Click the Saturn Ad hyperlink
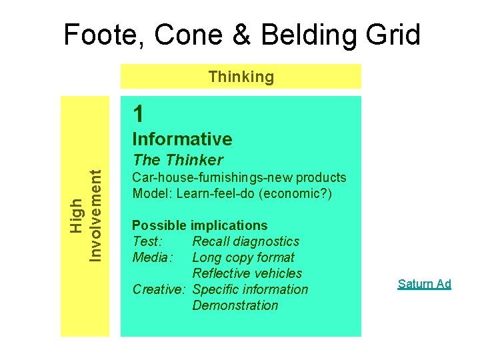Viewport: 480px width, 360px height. (x=424, y=284)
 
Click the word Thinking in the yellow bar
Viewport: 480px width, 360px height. (x=241, y=77)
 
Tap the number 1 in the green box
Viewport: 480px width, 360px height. (x=138, y=115)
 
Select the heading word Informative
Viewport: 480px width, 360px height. (x=182, y=139)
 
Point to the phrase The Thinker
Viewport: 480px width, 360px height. (x=177, y=160)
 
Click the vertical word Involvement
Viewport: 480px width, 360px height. (x=96, y=214)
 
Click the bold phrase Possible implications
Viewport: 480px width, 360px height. (x=199, y=225)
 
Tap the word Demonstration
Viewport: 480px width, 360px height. (x=235, y=305)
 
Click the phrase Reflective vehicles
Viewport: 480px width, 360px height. (x=247, y=273)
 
